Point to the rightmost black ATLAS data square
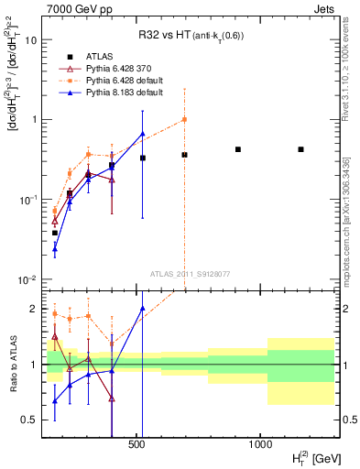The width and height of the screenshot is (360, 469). (x=300, y=149)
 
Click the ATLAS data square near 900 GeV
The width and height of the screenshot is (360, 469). (x=238, y=149)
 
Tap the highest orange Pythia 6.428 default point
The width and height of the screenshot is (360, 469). (x=184, y=119)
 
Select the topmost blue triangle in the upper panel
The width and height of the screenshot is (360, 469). (x=142, y=134)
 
